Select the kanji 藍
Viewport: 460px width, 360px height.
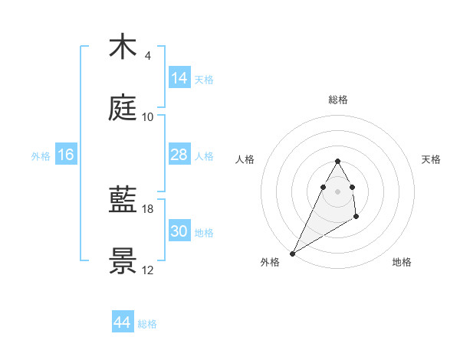click(123, 201)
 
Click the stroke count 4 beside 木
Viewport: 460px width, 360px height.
click(147, 56)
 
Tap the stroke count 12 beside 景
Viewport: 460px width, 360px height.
click(148, 270)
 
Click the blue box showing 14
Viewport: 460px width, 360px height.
click(179, 78)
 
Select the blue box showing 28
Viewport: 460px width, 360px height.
click(179, 155)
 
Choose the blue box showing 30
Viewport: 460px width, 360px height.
click(179, 231)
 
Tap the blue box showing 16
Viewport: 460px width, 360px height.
click(66, 155)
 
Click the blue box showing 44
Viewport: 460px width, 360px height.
click(123, 322)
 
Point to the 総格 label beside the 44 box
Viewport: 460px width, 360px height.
click(147, 324)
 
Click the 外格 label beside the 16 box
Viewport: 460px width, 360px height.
click(41, 156)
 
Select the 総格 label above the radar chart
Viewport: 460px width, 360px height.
click(338, 100)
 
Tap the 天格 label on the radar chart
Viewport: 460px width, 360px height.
click(432, 159)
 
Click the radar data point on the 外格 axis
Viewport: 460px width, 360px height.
click(292, 254)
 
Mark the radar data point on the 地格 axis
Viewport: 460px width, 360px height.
click(356, 218)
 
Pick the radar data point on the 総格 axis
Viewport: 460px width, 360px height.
click(338, 161)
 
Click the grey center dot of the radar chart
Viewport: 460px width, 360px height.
click(338, 191)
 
